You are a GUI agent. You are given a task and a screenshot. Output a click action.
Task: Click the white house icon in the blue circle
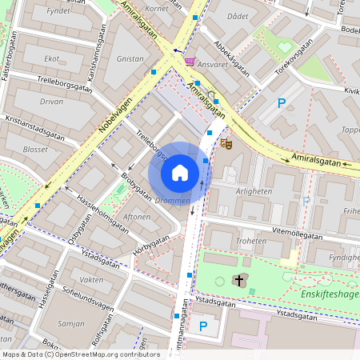[x=180, y=172]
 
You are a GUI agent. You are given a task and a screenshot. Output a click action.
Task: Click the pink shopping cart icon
[x=190, y=62]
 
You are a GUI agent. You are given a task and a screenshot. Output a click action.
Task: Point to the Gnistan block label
[x=130, y=58]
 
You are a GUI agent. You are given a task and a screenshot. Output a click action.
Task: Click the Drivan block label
[x=51, y=102]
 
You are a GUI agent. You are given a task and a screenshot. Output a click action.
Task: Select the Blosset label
[x=36, y=150]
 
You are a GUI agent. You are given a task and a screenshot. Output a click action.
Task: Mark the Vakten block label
[x=92, y=280]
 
